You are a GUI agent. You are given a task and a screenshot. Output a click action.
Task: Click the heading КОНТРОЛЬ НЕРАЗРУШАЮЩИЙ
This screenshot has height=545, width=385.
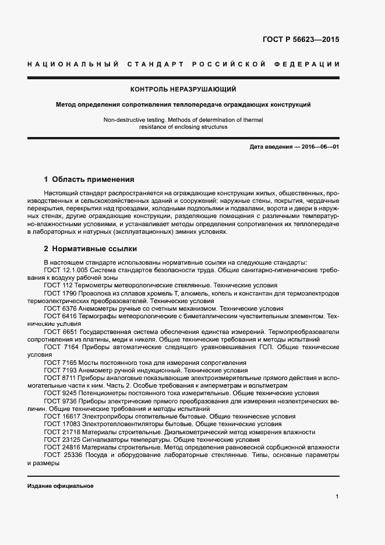click(183, 89)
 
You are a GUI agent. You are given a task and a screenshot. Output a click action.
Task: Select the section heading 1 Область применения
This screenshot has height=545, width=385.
click(89, 180)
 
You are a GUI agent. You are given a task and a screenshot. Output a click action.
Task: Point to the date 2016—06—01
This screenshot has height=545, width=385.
click(320, 147)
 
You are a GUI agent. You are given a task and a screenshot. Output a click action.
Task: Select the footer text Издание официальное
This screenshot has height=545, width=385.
click(60, 486)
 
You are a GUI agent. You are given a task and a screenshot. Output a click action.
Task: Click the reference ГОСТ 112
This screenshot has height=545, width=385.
click(58, 286)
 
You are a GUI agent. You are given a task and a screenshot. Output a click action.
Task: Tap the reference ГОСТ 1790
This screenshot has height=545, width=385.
click(60, 293)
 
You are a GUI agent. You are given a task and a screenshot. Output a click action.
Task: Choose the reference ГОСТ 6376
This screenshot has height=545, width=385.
click(60, 308)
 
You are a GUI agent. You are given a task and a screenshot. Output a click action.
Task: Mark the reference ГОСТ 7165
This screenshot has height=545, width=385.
click(60, 363)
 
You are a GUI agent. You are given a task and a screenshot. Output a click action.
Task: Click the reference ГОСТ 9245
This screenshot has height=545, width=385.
click(60, 393)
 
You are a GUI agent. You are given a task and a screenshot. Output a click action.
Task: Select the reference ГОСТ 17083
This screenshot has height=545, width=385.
click(62, 424)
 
